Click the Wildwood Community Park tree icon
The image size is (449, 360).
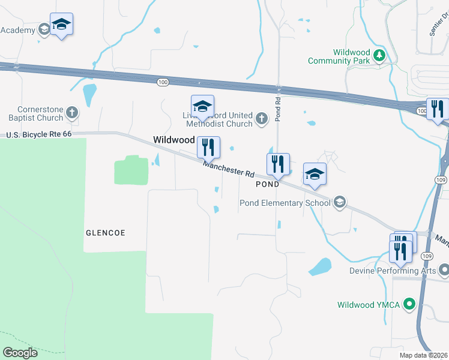click(379, 56)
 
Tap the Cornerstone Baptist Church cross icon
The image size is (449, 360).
click(72, 112)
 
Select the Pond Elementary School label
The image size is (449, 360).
click(285, 203)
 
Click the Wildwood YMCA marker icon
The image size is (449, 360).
click(409, 304)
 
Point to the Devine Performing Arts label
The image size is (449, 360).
click(393, 271)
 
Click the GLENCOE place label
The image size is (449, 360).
click(106, 232)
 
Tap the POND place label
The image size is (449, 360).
click(267, 184)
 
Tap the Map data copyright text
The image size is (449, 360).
click(423, 355)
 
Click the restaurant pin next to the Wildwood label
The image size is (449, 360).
click(208, 146)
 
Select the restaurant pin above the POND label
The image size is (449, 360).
click(278, 163)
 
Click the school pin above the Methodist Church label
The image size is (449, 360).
click(202, 106)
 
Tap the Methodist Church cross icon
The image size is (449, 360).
click(261, 119)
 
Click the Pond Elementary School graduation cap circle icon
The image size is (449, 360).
click(340, 202)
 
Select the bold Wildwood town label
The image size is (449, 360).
click(174, 139)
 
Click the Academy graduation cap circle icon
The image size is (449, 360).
click(44, 29)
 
